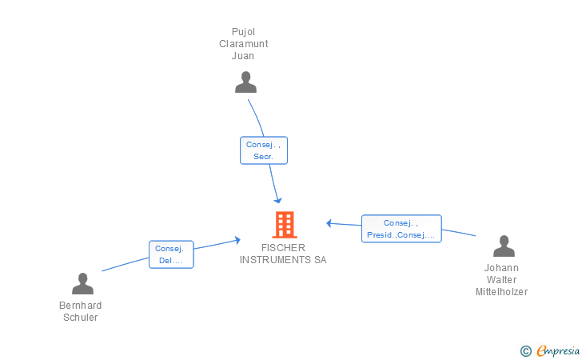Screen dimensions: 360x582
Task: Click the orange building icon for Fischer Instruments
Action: pos(284,225)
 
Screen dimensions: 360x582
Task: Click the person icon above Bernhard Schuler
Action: pos(82,284)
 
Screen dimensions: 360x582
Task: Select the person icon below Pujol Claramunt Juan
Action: pos(245,82)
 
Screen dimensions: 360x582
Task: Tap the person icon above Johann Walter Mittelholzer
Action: pos(504,246)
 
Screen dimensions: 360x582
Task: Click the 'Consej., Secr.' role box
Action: pos(264,150)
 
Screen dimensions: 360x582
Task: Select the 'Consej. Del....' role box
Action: pos(171,254)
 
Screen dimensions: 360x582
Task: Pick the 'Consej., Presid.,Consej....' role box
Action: pos(401,229)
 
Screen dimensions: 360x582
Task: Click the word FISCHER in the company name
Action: pos(283,248)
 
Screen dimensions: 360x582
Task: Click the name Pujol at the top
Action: pos(243,32)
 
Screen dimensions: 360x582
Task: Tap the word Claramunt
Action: pos(243,44)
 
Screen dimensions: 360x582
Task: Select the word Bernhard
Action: pos(80,306)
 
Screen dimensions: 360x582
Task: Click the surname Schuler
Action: pos(80,318)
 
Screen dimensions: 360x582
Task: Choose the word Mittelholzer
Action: pos(501,292)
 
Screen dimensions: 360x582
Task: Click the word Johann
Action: pos(501,268)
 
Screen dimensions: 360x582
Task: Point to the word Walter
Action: pos(501,280)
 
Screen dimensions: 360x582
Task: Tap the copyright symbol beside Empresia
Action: pos(525,350)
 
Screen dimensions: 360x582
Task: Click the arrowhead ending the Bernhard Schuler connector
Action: pos(237,239)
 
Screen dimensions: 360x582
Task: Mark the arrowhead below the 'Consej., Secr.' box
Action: pos(278,200)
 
